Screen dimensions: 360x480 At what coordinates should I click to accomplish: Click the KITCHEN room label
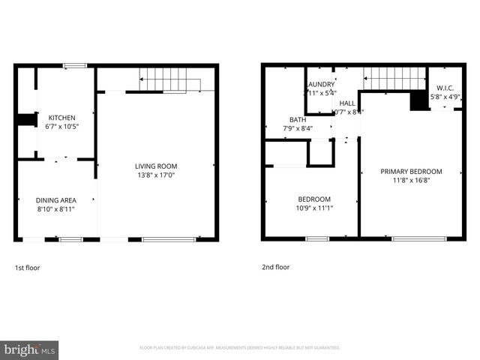[x=61, y=118]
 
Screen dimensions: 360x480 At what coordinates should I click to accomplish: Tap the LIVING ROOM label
[x=156, y=166]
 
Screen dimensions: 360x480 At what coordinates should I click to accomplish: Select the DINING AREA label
[x=55, y=199]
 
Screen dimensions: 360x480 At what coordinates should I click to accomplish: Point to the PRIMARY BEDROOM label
[x=411, y=172]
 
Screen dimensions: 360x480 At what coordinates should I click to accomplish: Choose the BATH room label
[x=298, y=120]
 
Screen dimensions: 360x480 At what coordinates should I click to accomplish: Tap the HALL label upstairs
[x=347, y=103]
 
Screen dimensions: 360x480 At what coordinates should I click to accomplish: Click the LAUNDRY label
[x=319, y=85]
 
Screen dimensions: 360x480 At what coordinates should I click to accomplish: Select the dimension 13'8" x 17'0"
[x=156, y=175]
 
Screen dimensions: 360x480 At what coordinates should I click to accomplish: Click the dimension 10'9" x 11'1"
[x=315, y=208]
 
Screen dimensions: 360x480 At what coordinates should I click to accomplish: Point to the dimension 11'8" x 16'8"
[x=411, y=181]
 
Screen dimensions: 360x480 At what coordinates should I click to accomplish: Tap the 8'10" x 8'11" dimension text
[x=55, y=208]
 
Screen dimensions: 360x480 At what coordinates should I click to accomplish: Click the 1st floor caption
[x=28, y=267]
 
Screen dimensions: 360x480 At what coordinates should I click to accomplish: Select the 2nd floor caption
[x=275, y=267]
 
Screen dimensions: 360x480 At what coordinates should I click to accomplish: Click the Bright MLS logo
[x=30, y=349]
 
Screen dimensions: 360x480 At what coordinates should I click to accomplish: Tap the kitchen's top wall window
[x=74, y=66]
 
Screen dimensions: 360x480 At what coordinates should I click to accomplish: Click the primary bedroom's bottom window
[x=413, y=239]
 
